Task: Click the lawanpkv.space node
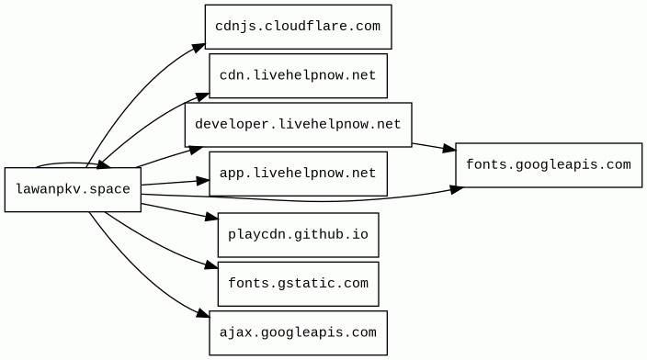click(x=73, y=190)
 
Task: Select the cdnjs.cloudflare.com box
click(x=299, y=27)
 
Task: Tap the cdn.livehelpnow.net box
click(x=299, y=76)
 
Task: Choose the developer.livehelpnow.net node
click(x=299, y=125)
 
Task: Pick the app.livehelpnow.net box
click(x=299, y=174)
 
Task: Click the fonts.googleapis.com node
click(x=549, y=165)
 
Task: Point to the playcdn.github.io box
click(x=299, y=235)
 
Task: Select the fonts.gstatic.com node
click(x=299, y=284)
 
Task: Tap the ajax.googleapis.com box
click(x=299, y=332)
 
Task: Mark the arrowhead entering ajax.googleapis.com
click(x=203, y=313)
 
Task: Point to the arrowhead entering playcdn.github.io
click(x=211, y=217)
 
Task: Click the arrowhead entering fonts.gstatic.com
click(x=211, y=265)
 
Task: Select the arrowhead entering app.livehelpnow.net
click(x=203, y=181)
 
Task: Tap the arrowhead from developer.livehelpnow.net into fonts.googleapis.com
click(x=448, y=149)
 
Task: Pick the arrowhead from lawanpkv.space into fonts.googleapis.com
click(x=457, y=189)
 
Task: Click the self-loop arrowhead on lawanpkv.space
click(x=104, y=165)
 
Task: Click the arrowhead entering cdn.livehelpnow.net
click(x=202, y=97)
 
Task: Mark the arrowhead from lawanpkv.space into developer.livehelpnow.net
click(x=196, y=150)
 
